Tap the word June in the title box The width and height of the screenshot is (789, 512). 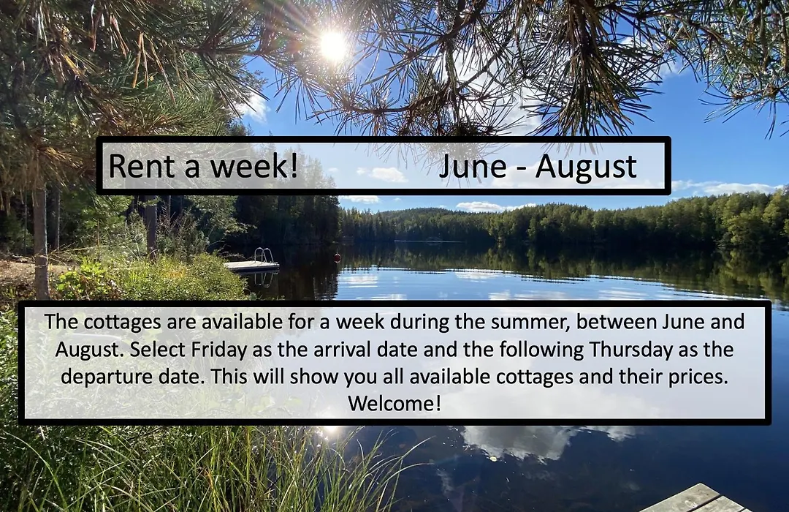pos(473,166)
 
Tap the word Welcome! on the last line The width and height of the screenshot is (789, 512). pos(394,403)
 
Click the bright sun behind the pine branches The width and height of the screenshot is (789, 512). pos(334,45)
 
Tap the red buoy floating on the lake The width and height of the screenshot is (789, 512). pos(337,257)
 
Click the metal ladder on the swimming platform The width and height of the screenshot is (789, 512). pos(261,255)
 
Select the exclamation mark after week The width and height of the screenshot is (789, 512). pos(294,166)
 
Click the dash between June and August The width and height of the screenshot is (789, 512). pos(521,169)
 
